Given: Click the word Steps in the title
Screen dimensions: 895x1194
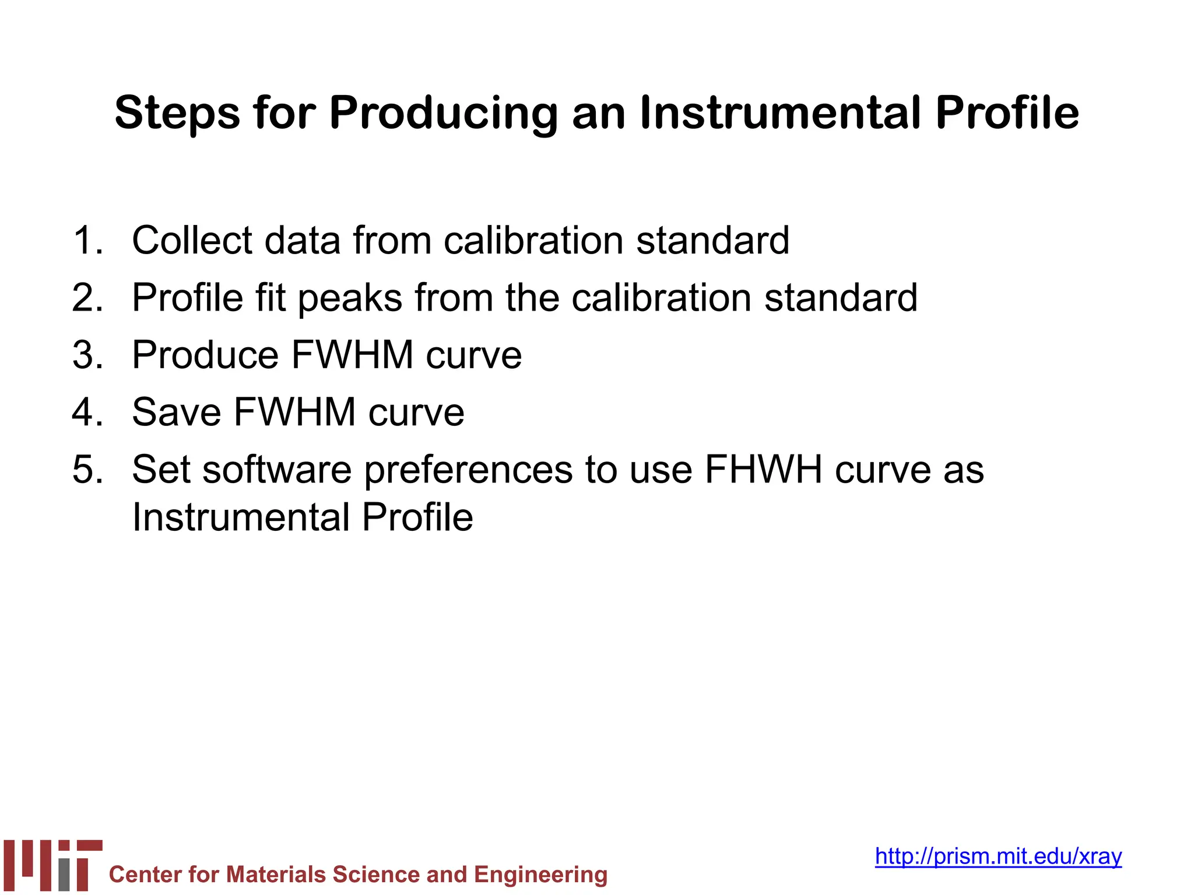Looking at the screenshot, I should (177, 113).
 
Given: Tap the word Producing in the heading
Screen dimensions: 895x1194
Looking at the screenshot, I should (443, 113).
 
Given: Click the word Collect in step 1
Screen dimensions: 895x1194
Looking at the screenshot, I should (192, 240).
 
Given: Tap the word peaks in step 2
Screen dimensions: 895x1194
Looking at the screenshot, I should (350, 298).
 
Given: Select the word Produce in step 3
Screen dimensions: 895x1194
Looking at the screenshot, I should (205, 355).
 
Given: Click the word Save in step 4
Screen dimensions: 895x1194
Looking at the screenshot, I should (176, 412).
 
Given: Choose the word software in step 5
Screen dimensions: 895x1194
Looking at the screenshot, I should (277, 470).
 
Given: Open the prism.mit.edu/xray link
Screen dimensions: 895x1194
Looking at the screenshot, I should (998, 856).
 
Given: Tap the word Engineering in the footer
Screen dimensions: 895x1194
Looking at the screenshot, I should (540, 875).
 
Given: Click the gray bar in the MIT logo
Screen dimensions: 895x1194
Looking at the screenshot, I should (64, 875).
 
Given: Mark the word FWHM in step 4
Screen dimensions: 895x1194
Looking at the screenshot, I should (294, 412).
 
